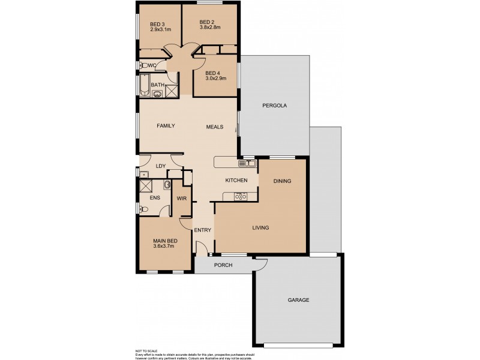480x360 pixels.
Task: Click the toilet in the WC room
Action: click(x=144, y=65)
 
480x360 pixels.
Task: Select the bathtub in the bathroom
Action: click(x=144, y=85)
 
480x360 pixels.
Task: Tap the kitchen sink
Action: click(x=248, y=163)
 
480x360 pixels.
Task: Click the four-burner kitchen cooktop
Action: click(x=240, y=196)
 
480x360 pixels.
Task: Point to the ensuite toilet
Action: click(x=144, y=209)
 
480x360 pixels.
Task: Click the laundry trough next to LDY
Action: click(x=145, y=175)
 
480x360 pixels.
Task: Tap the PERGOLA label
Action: click(x=275, y=106)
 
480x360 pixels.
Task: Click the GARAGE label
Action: click(x=298, y=300)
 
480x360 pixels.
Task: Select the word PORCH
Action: click(x=223, y=265)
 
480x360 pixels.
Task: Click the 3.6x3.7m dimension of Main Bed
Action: click(x=163, y=245)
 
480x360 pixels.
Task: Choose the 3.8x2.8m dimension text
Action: click(x=210, y=28)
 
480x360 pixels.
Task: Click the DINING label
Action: click(x=283, y=181)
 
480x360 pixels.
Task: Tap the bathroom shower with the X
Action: click(x=172, y=91)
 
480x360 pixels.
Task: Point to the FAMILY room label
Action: click(x=166, y=126)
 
